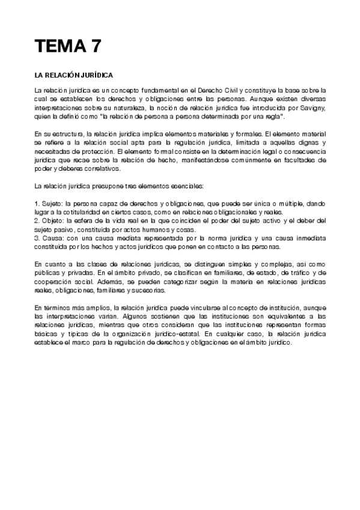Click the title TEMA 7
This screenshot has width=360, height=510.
click(x=67, y=46)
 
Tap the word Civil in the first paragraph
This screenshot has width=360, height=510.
click(x=226, y=90)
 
